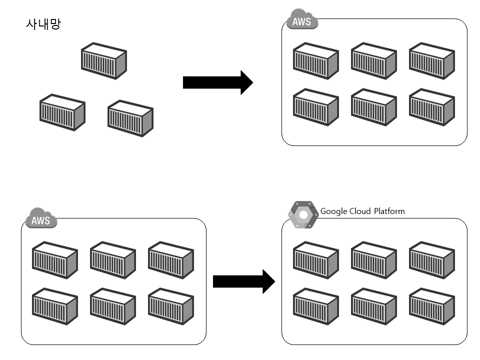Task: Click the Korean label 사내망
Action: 42,24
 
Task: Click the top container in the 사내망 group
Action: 104,60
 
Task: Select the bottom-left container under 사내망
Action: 62,112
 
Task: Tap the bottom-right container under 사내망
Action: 130,118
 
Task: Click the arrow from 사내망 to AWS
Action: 218,82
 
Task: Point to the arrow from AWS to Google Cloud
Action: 244,281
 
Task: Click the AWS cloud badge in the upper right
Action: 302,21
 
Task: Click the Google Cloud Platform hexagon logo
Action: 303,215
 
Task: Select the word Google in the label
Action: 333,211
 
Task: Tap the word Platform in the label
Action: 389,211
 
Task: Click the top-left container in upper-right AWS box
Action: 315,60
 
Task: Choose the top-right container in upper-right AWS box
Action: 431,60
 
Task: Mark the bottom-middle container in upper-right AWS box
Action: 373,107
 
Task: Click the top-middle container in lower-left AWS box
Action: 112,259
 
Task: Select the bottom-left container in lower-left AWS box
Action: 54,306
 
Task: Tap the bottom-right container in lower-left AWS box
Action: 170,306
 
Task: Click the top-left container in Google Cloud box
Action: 315,259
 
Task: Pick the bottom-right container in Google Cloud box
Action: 431,306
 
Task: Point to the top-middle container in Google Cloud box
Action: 373,259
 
